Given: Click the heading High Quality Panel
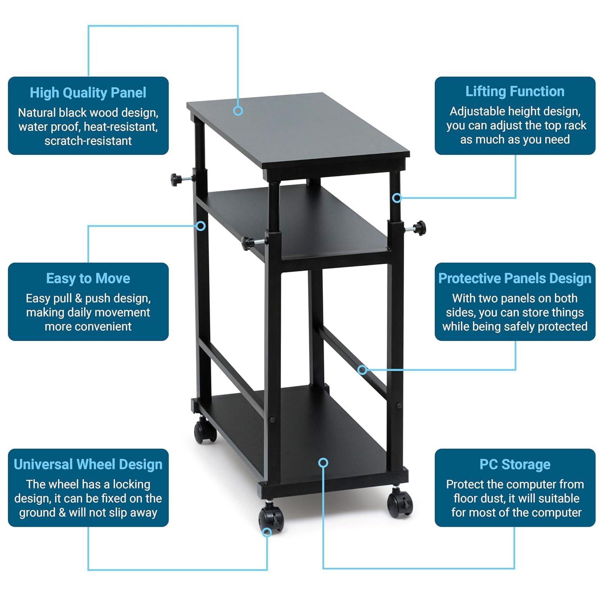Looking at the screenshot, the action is [x=88, y=93].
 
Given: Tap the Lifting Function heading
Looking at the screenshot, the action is [x=515, y=91].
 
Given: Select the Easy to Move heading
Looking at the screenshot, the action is [x=88, y=278].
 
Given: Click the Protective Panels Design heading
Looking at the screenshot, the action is [x=515, y=278].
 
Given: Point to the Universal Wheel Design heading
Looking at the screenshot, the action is [x=88, y=464].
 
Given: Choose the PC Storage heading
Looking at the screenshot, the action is [x=515, y=464].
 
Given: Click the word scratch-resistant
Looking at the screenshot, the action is [x=88, y=141].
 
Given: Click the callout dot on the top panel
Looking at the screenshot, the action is [x=238, y=111].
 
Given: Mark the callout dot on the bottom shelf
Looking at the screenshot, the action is [x=323, y=463].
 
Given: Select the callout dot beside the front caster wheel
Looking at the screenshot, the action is [x=267, y=532].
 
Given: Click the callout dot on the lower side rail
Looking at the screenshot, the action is [x=362, y=369].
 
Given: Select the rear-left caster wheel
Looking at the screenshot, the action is [x=205, y=430].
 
